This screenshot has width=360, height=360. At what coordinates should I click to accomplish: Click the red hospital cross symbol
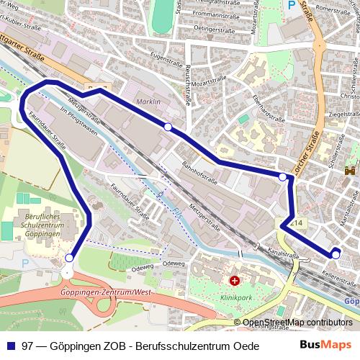tap(233, 280)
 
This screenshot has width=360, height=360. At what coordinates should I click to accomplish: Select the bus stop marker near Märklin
tap(168, 127)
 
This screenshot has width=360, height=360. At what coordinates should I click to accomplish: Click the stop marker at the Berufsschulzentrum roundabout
tap(69, 258)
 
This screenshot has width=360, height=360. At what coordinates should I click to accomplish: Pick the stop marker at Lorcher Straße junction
tap(283, 176)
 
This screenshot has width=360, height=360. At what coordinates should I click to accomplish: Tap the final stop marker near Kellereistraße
tap(336, 254)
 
